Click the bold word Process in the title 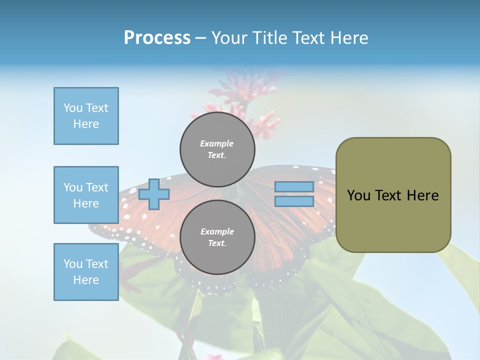click(157, 38)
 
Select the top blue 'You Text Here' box click(86, 116)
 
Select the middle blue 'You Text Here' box click(86, 195)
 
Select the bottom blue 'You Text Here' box click(86, 272)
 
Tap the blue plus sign click(154, 194)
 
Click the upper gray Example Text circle click(217, 149)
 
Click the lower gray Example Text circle click(217, 237)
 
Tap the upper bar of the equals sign click(294, 186)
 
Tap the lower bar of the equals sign click(294, 201)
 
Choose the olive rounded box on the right click(393, 195)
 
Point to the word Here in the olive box click(422, 195)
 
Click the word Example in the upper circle click(217, 143)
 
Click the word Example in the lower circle click(217, 231)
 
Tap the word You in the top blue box click(72, 108)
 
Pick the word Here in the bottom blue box click(86, 280)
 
